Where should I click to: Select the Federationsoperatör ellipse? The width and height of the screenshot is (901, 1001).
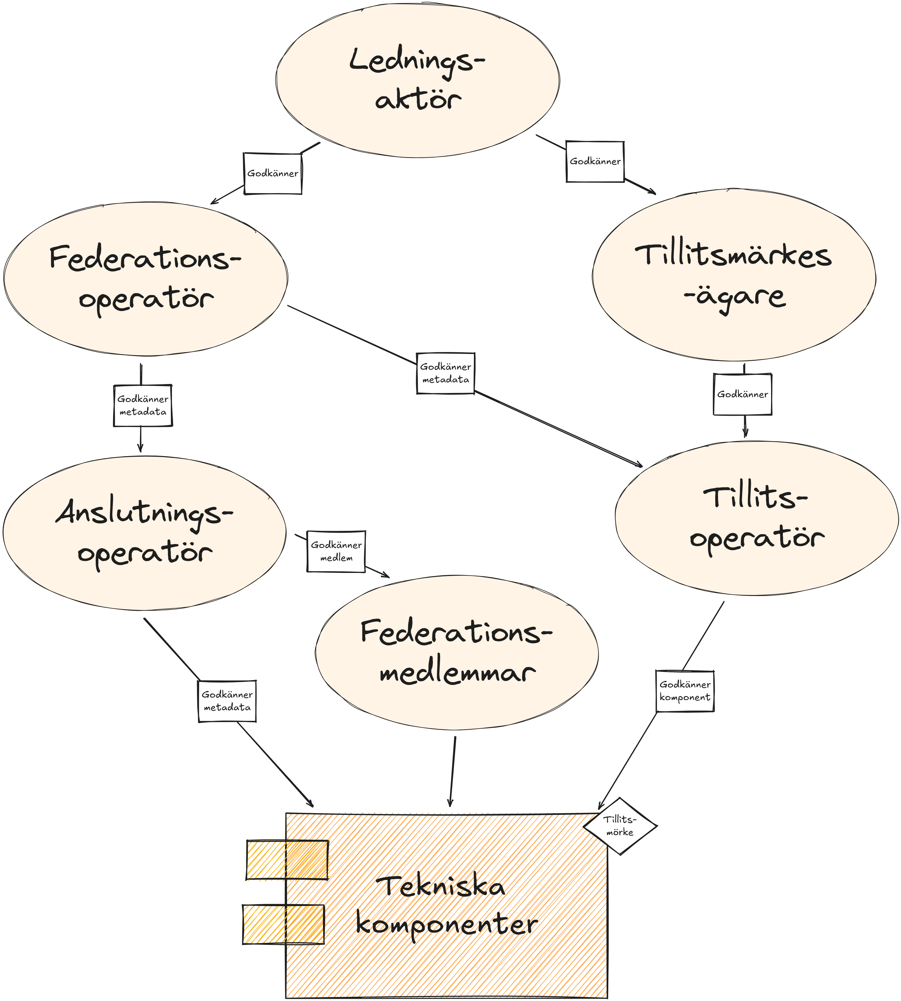[x=146, y=278]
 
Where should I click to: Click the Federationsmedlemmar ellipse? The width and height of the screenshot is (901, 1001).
[x=457, y=653]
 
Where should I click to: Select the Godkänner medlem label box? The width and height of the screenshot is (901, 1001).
[x=336, y=551]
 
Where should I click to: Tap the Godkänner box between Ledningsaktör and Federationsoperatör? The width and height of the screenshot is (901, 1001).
[x=273, y=173]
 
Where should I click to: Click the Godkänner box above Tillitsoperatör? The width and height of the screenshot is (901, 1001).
[x=742, y=394]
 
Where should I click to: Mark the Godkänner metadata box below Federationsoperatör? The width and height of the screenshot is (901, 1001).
[x=143, y=405]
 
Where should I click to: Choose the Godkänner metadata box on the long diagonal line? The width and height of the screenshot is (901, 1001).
[x=446, y=373]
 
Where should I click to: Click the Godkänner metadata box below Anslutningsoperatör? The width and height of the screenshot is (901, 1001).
[x=227, y=701]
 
